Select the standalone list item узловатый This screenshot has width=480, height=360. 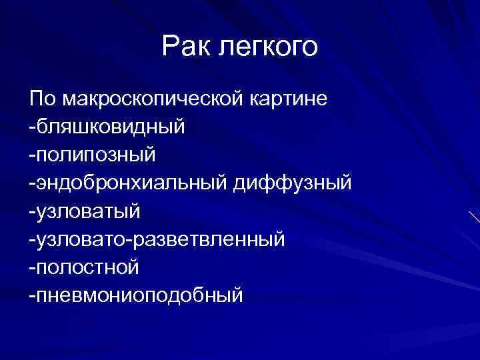pyautogui.click(x=89, y=211)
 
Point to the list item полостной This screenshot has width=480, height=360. pyautogui.click(x=87, y=267)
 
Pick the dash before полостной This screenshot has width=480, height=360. pyautogui.click(x=32, y=267)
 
